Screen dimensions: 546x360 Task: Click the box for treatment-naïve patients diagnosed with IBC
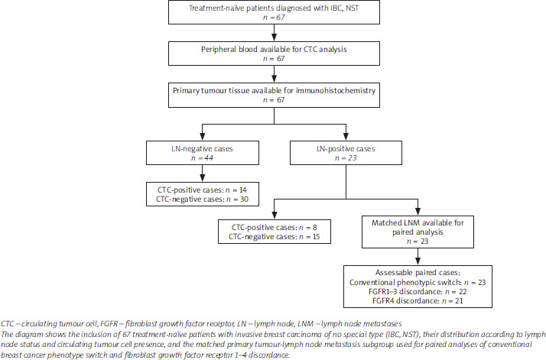pos(274,12)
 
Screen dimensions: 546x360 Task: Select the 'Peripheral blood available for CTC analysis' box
pos(274,54)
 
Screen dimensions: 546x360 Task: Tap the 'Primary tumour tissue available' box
pos(274,95)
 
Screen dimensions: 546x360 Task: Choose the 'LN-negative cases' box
pos(203,153)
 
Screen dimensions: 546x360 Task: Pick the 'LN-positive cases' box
pos(346,153)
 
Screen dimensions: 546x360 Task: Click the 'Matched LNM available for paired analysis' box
pos(418,232)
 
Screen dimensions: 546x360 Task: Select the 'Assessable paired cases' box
pos(418,287)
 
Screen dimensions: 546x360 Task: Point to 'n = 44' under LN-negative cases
pos(202,158)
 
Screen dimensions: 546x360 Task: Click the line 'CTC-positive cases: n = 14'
pos(202,190)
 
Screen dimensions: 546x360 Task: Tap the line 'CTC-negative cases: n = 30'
pos(202,199)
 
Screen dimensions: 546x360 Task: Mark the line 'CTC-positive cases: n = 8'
pos(274,227)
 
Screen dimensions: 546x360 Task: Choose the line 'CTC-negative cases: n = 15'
pos(274,237)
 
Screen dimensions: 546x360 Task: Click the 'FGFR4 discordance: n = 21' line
pos(418,301)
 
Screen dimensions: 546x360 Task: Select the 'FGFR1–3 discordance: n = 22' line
pos(418,292)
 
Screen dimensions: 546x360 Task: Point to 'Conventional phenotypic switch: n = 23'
pos(418,282)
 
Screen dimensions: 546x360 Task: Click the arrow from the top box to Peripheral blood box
pos(274,33)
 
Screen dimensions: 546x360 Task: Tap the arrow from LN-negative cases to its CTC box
pos(203,174)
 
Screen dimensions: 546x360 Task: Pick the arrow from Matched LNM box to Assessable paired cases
pos(418,257)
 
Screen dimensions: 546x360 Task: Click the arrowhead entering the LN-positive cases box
pos(346,137)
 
